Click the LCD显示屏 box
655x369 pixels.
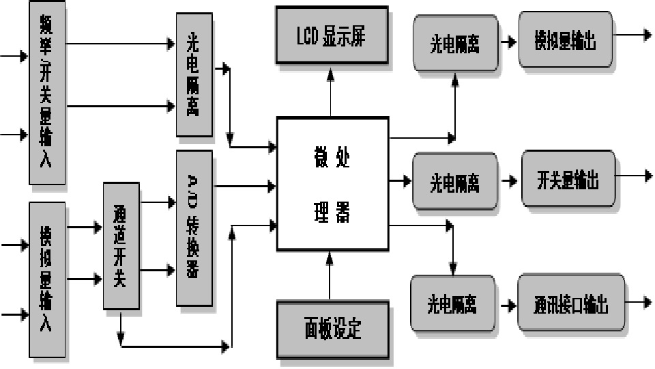point(332,36)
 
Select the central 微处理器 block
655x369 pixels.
point(332,184)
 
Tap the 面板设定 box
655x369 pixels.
point(332,329)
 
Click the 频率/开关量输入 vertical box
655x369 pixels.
point(47,92)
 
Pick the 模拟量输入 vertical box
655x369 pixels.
point(47,279)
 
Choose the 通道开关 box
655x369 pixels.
point(121,246)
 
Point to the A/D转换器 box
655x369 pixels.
point(194,228)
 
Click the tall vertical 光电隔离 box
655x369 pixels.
point(194,74)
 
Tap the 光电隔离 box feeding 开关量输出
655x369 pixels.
point(454,182)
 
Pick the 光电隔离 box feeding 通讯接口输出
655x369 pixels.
point(453,304)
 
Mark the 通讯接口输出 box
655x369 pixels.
point(570,304)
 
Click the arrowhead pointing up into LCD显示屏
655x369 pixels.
point(331,72)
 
